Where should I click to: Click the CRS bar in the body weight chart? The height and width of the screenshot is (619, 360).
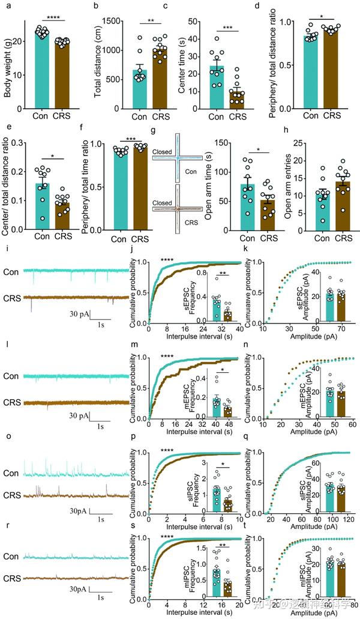pyautogui.click(x=60, y=75)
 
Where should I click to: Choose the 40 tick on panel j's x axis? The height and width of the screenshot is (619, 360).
pyautogui.click(x=240, y=329)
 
